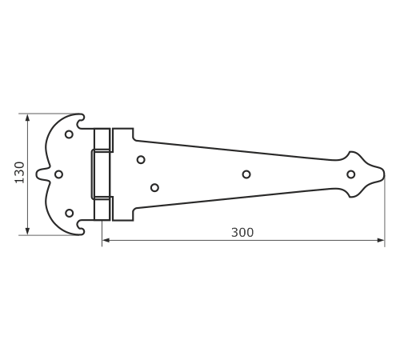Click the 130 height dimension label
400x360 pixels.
click(x=19, y=173)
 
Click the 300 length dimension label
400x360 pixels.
click(x=242, y=233)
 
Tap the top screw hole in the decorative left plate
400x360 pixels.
click(x=69, y=134)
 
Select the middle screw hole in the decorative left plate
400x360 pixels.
click(x=58, y=174)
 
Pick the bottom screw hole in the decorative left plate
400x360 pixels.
click(x=70, y=213)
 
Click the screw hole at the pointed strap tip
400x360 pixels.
click(x=351, y=174)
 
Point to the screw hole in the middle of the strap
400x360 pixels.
click(x=246, y=174)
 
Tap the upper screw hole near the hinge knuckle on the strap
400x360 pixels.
click(x=141, y=160)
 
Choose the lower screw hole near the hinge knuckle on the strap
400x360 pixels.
click(x=154, y=188)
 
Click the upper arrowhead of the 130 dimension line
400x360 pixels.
click(x=27, y=118)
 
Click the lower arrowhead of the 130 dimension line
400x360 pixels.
click(x=27, y=231)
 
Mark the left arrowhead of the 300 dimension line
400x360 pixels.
click(x=106, y=240)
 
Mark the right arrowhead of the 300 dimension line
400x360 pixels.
click(x=381, y=240)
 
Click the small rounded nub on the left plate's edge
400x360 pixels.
click(x=39, y=174)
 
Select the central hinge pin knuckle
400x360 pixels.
click(x=101, y=174)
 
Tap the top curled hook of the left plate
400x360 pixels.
click(x=80, y=120)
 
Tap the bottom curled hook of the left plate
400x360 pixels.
click(x=80, y=229)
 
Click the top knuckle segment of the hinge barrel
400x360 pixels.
click(x=102, y=139)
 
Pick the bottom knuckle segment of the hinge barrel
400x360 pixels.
click(x=102, y=210)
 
